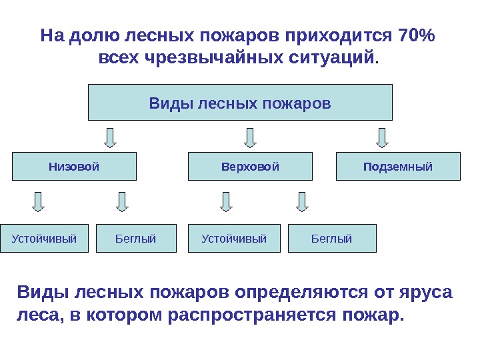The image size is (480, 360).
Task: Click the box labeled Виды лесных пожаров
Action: click(240, 103)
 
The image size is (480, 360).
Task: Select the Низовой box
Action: click(74, 167)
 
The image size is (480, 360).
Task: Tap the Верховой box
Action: click(250, 167)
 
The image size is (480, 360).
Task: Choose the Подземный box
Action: click(398, 167)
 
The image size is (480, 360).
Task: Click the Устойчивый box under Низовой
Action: click(44, 239)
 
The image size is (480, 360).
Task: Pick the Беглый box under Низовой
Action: click(136, 239)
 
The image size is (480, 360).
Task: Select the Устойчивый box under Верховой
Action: click(234, 239)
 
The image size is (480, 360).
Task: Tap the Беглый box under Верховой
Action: click(332, 239)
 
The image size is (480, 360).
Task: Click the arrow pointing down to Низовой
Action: click(111, 137)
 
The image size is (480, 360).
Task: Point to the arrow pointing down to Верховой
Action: click(250, 137)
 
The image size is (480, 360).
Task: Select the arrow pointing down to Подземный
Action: click(382, 137)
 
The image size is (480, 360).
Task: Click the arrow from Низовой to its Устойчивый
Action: click(39, 201)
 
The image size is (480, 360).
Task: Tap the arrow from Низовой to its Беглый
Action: click(122, 201)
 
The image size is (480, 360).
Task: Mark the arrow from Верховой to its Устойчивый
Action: click(227, 201)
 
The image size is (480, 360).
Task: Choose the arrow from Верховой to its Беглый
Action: click(303, 201)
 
